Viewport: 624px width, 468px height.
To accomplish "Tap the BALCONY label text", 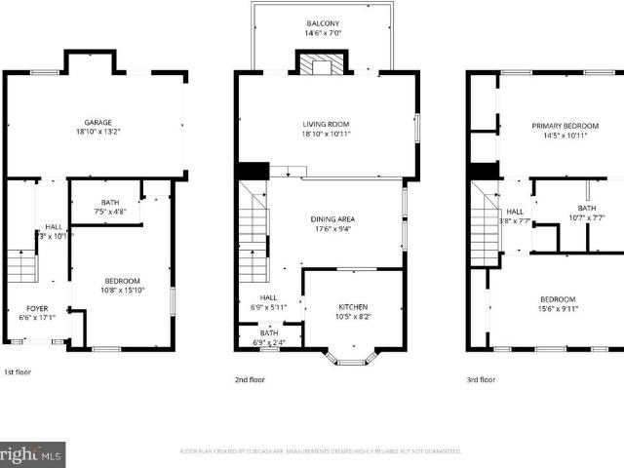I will pyautogui.click(x=325, y=23).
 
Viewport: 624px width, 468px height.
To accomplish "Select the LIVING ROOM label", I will pyautogui.click(x=325, y=124).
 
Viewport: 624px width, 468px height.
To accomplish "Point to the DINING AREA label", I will pyautogui.click(x=331, y=219).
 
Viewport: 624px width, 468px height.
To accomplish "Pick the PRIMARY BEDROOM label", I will pyautogui.click(x=565, y=126).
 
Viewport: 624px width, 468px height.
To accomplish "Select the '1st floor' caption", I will pyautogui.click(x=17, y=372).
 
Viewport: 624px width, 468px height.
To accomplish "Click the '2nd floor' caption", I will pyautogui.click(x=249, y=379).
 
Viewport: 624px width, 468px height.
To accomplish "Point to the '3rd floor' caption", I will pyautogui.click(x=481, y=379).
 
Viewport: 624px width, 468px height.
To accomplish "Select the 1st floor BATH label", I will pyautogui.click(x=106, y=202).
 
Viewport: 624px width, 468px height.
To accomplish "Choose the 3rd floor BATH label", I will pyautogui.click(x=586, y=208).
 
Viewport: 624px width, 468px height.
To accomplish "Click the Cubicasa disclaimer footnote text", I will pyautogui.click(x=321, y=451).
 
